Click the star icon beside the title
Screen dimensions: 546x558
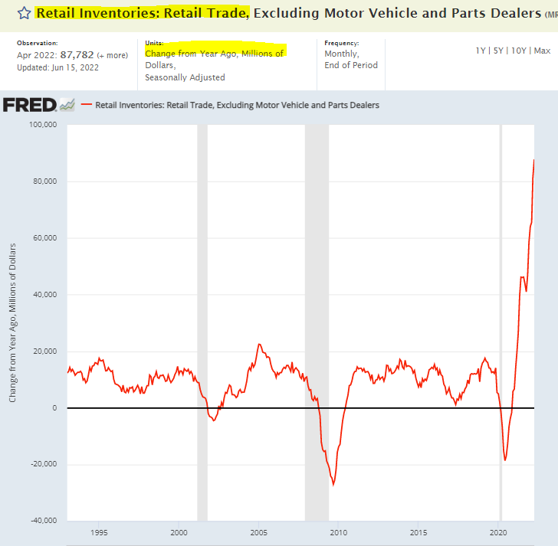point(25,13)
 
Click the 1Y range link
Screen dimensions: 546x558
point(481,51)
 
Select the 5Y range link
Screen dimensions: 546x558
point(499,51)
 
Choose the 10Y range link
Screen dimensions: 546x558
point(519,51)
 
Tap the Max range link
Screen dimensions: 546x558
point(542,51)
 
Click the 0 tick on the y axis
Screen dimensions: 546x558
point(55,408)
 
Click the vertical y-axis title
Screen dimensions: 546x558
point(13,322)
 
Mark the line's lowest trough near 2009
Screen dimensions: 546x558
point(333,485)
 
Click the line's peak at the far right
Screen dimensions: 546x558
point(533,159)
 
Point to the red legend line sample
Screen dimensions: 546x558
point(86,105)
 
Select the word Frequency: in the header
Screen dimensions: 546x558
point(341,44)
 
